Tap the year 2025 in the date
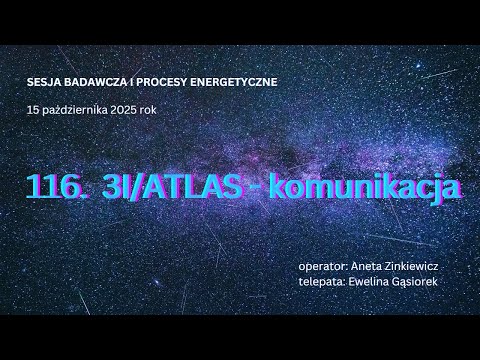(x=135, y=108)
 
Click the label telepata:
(x=320, y=282)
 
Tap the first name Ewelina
(x=367, y=282)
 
